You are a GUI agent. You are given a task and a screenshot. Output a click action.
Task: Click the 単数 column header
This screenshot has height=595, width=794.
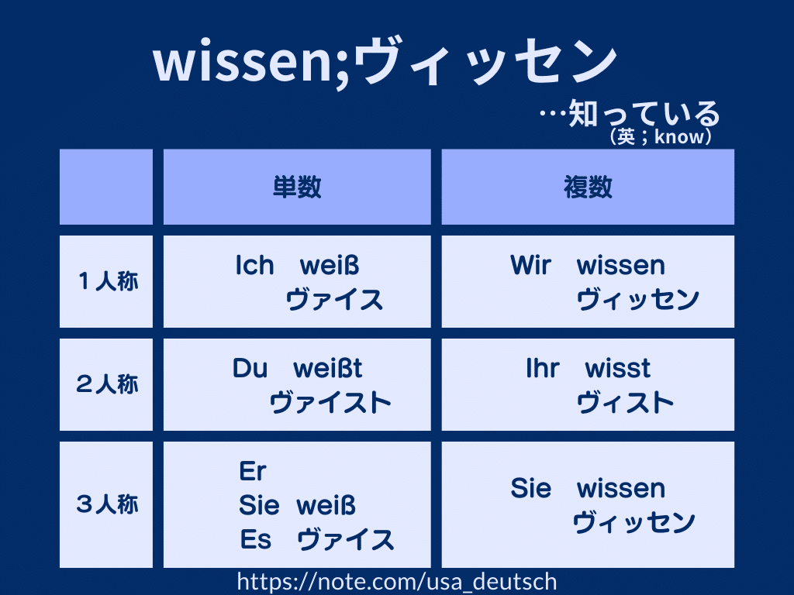297,187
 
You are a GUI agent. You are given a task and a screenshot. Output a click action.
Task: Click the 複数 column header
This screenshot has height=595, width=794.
588,187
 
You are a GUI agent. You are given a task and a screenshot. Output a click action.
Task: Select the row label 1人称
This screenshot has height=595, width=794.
109,281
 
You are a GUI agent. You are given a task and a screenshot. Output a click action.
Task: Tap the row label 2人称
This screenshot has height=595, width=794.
107,384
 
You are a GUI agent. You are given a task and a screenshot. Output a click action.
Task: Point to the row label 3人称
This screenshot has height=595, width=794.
107,504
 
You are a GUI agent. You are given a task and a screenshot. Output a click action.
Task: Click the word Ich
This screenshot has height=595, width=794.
254,265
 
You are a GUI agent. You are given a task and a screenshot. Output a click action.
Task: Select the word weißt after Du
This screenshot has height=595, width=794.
328,368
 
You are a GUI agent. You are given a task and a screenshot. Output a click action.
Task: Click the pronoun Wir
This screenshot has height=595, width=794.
530,265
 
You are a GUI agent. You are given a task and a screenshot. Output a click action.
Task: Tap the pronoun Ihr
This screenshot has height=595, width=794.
543,368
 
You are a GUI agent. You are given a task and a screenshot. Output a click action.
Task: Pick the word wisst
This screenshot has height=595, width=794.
618,368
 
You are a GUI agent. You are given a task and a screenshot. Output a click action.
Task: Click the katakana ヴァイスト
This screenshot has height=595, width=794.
330,403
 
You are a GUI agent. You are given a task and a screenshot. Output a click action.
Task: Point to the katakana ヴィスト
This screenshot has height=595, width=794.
626,403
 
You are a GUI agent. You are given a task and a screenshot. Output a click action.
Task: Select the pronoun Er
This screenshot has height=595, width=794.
253,472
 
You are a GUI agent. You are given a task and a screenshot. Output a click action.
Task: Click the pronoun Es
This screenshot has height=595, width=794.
256,539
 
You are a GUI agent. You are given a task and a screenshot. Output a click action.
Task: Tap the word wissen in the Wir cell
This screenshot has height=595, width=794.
621,265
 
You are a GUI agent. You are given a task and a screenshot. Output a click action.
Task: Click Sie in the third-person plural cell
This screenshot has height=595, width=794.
530,488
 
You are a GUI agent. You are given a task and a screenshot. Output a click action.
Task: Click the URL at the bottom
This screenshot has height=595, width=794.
397,583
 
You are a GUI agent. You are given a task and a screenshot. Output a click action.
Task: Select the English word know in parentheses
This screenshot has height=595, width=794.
678,136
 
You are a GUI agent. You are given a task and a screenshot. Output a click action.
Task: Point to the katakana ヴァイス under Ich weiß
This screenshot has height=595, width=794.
334,300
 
